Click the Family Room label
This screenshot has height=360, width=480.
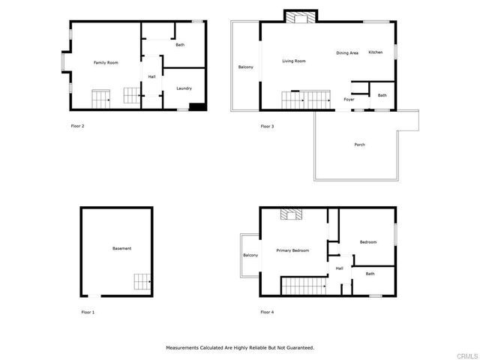point(106,63)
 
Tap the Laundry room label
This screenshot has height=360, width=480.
point(184,88)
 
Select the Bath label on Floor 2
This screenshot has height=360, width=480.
point(180,45)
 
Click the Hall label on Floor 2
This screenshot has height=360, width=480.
point(151,76)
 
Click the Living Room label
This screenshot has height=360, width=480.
point(294,61)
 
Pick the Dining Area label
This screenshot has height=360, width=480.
point(347,52)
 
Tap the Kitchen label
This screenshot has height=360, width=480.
point(376,52)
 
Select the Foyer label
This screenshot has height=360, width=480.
point(349,99)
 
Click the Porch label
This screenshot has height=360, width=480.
point(360,144)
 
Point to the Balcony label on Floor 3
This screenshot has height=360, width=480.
point(246,67)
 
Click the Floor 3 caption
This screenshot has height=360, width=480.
point(267,126)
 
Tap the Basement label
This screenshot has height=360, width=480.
point(122,248)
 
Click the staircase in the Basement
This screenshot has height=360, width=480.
point(142,282)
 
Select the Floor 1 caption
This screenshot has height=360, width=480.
point(88,311)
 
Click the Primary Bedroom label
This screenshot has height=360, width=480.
point(292,250)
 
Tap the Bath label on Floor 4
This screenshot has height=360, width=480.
point(370,274)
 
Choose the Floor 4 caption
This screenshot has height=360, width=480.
point(267,311)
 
